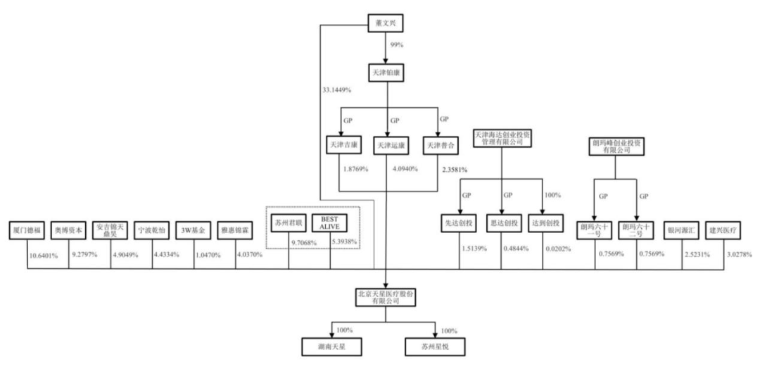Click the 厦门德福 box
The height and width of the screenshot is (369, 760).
tap(27, 230)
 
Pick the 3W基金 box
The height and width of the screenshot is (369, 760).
tap(192, 230)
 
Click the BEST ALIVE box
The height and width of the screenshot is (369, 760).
tap(330, 223)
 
